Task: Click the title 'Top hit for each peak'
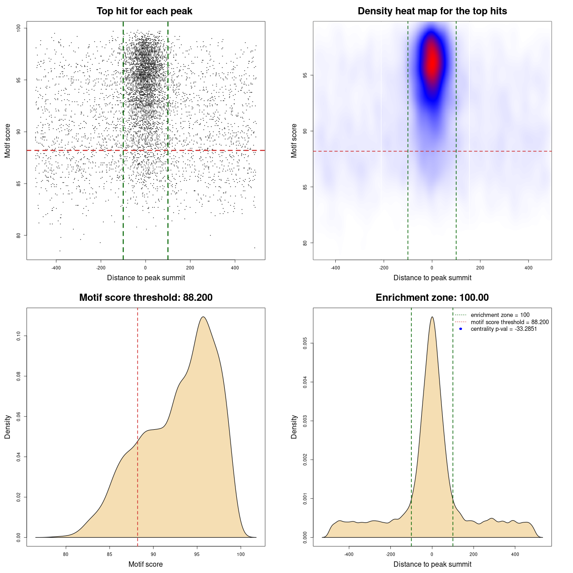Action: (x=144, y=11)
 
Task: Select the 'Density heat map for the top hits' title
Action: (x=432, y=11)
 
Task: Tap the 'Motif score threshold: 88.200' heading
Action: (x=145, y=298)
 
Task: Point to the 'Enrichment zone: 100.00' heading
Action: (x=432, y=298)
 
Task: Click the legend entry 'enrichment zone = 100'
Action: (x=500, y=315)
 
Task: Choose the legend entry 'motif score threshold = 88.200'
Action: (x=509, y=322)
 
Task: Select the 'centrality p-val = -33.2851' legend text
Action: (x=504, y=329)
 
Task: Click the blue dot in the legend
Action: (x=461, y=329)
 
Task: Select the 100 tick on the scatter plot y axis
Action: (x=18, y=28)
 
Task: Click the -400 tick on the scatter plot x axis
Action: (x=56, y=268)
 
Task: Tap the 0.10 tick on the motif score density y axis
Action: (x=18, y=336)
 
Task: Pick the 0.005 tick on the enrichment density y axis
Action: (x=305, y=343)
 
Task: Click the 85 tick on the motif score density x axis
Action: (x=110, y=554)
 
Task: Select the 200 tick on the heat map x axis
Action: (x=480, y=268)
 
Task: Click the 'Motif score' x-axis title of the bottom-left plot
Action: (x=145, y=564)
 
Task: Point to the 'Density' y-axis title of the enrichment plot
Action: (x=294, y=427)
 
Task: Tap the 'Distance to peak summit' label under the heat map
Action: (x=432, y=278)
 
